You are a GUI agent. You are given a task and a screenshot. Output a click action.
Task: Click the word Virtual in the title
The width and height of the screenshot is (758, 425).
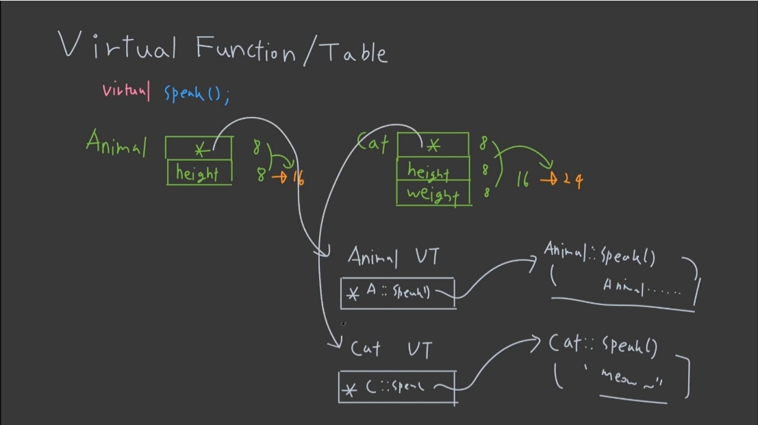click(117, 47)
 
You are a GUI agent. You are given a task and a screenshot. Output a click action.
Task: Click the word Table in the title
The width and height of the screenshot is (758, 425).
click(354, 51)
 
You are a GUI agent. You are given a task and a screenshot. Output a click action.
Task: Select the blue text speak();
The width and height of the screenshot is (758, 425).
click(197, 93)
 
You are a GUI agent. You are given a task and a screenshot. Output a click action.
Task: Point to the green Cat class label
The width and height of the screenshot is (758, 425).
click(373, 143)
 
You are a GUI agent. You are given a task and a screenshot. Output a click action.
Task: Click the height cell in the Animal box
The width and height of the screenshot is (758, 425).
click(198, 173)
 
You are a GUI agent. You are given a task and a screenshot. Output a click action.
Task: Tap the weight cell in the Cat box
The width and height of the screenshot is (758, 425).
click(433, 194)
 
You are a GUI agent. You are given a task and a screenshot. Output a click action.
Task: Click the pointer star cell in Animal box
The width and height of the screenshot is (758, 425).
click(199, 149)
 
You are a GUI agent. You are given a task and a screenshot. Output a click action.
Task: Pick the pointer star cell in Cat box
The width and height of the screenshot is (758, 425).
click(433, 145)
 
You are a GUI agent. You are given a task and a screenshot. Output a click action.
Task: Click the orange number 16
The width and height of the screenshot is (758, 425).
click(298, 177)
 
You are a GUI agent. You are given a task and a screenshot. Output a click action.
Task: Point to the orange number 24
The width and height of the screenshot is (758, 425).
click(574, 181)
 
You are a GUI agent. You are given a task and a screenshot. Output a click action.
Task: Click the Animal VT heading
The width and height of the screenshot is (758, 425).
click(394, 257)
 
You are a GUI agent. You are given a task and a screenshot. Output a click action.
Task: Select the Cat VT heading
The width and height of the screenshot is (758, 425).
click(391, 349)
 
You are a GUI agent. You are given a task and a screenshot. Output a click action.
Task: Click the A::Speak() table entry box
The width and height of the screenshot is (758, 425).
click(397, 293)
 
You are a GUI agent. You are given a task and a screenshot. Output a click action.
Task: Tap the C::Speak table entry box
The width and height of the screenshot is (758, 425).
click(396, 387)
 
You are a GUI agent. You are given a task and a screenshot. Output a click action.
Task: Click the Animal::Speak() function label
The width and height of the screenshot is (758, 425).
click(600, 255)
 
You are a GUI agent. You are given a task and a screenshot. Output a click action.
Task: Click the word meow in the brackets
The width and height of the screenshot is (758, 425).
click(616, 376)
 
